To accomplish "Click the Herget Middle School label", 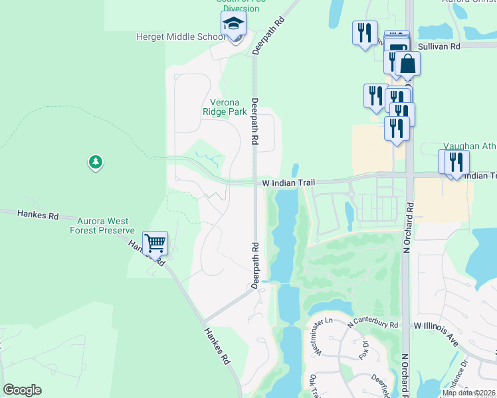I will click(181, 37).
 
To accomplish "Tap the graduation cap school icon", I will click(233, 25).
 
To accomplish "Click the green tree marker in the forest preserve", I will click(96, 162).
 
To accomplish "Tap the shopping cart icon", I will click(155, 243).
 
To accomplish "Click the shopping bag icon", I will click(407, 65).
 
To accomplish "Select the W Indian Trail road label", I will click(288, 182).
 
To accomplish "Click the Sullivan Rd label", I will click(440, 46).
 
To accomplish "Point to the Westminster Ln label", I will click(318, 338).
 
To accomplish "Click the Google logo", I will click(22, 390).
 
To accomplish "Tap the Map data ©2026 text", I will click(468, 393).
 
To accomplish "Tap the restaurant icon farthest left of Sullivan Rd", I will click(364, 33).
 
